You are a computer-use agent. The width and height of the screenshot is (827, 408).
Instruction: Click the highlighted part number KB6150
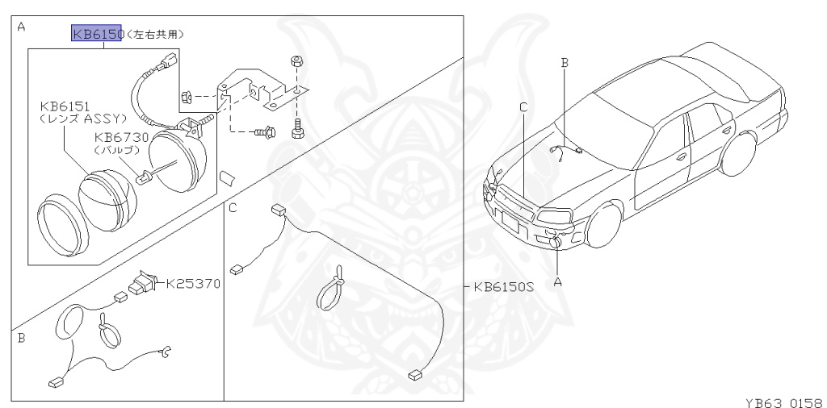[98, 33]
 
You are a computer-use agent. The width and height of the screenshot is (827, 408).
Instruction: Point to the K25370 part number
[193, 285]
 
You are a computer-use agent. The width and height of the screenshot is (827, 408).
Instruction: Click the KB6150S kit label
[503, 287]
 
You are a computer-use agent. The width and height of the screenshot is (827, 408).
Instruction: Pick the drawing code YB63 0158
[785, 402]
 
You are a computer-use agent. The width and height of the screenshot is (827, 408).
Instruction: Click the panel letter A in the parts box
[21, 27]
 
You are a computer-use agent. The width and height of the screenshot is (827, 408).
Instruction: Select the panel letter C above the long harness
[233, 208]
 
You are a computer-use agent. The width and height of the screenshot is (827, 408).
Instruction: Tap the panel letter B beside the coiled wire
[21, 338]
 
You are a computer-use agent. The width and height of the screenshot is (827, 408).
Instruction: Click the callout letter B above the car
[565, 63]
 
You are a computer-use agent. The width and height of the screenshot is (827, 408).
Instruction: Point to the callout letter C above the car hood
[523, 107]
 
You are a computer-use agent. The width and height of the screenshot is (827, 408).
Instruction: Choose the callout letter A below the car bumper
[557, 282]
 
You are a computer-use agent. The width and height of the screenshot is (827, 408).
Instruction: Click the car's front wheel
[604, 224]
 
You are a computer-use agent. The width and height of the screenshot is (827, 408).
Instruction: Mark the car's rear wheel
[738, 154]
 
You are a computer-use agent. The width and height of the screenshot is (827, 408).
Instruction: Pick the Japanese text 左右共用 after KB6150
[155, 34]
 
